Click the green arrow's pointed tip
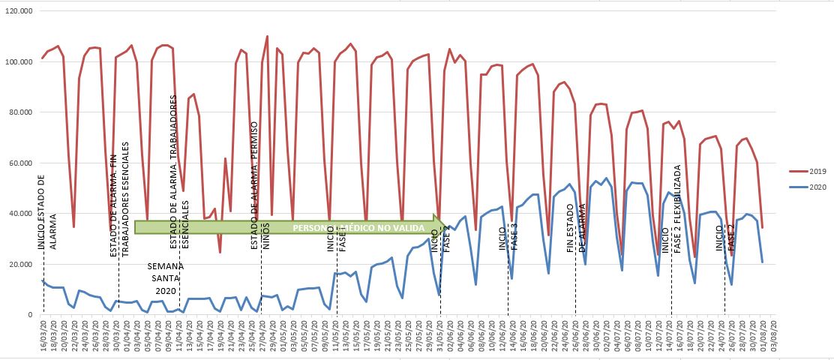441,226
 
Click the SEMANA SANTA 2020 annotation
163,278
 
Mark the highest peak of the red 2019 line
267,36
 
